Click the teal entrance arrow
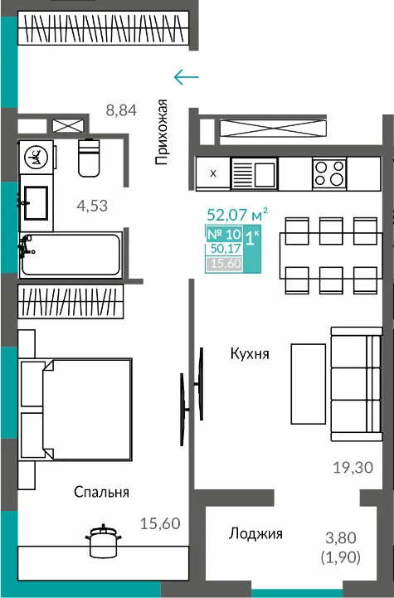tap(186, 77)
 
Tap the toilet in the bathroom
tap(89, 158)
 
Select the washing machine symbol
tap(36, 157)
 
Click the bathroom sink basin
tap(36, 203)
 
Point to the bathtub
tap(71, 255)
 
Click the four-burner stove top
tap(329, 173)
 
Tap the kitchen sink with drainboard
tap(254, 173)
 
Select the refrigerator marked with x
tap(213, 173)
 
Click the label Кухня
tap(250, 353)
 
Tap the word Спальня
tap(101, 492)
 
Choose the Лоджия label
tap(255, 533)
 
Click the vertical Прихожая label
tap(162, 132)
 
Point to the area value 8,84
tap(121, 110)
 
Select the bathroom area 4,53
tap(92, 206)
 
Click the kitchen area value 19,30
tap(353, 467)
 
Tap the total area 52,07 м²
tap(237, 215)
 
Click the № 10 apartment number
tap(224, 234)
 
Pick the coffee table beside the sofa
tap(309, 384)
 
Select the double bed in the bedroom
tap(75, 409)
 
